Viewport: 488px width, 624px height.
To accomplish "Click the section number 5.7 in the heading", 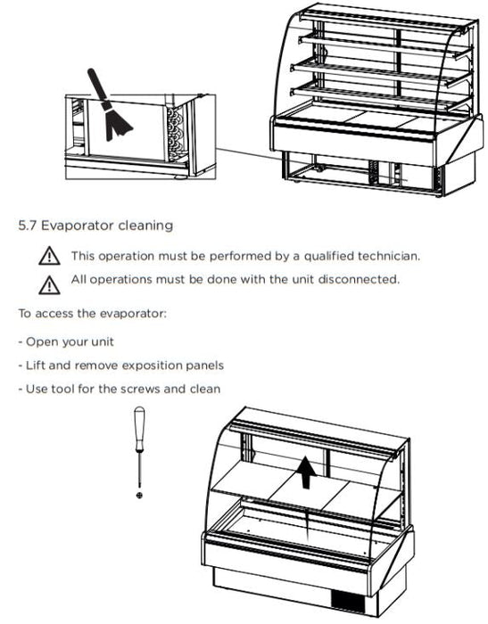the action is pyautogui.click(x=27, y=226).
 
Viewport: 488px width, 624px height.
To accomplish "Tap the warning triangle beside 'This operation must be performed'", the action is pyautogui.click(x=49, y=256).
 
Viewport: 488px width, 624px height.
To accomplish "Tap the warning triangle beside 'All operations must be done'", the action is pyautogui.click(x=49, y=285).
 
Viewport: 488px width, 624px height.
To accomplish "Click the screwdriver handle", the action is pyautogui.click(x=139, y=429).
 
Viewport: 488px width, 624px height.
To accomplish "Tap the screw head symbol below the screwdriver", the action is pyautogui.click(x=139, y=495).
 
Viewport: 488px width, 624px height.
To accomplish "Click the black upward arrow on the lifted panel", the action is pyautogui.click(x=306, y=472).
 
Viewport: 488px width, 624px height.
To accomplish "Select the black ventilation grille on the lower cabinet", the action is pyautogui.click(x=349, y=602).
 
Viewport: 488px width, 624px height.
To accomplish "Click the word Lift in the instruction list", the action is pyautogui.click(x=35, y=365).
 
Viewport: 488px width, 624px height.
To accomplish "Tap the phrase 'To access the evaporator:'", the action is pyautogui.click(x=92, y=314).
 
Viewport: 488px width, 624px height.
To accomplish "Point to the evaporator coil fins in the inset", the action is pyautogui.click(x=176, y=134).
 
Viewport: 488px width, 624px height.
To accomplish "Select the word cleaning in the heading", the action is pyautogui.click(x=145, y=226).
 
